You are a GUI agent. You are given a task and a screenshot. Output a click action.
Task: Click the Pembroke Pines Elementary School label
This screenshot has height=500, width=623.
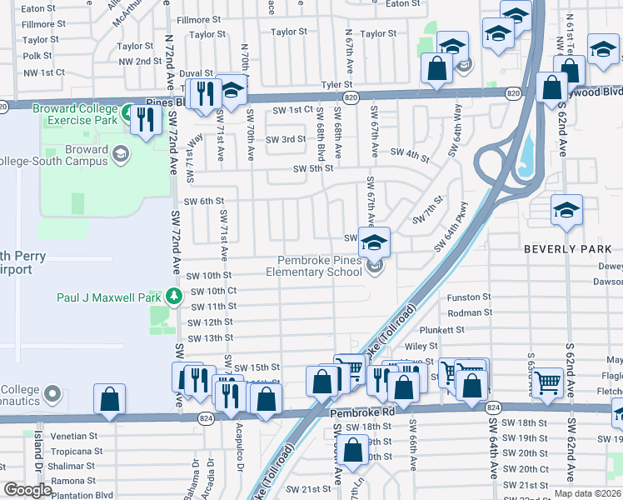click(x=314, y=265)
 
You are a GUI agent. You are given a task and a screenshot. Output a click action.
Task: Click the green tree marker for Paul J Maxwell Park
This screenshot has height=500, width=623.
click(x=173, y=296)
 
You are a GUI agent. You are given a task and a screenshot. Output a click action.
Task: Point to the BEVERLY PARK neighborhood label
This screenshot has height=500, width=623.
click(x=561, y=248)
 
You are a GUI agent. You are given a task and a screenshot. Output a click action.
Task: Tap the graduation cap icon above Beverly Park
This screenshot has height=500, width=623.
click(x=566, y=210)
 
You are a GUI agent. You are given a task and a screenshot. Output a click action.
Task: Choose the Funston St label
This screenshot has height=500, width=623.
click(x=470, y=297)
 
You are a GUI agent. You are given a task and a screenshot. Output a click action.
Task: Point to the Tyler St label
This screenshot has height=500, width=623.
click(x=337, y=85)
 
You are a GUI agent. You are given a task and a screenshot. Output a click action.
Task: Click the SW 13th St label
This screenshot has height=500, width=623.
click(x=211, y=338)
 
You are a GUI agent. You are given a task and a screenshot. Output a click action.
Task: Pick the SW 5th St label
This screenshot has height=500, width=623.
click(x=313, y=168)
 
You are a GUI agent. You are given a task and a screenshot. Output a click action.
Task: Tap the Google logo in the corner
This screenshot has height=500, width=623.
click(x=27, y=490)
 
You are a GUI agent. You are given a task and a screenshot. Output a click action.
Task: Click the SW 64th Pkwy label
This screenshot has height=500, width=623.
click(x=451, y=227)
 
